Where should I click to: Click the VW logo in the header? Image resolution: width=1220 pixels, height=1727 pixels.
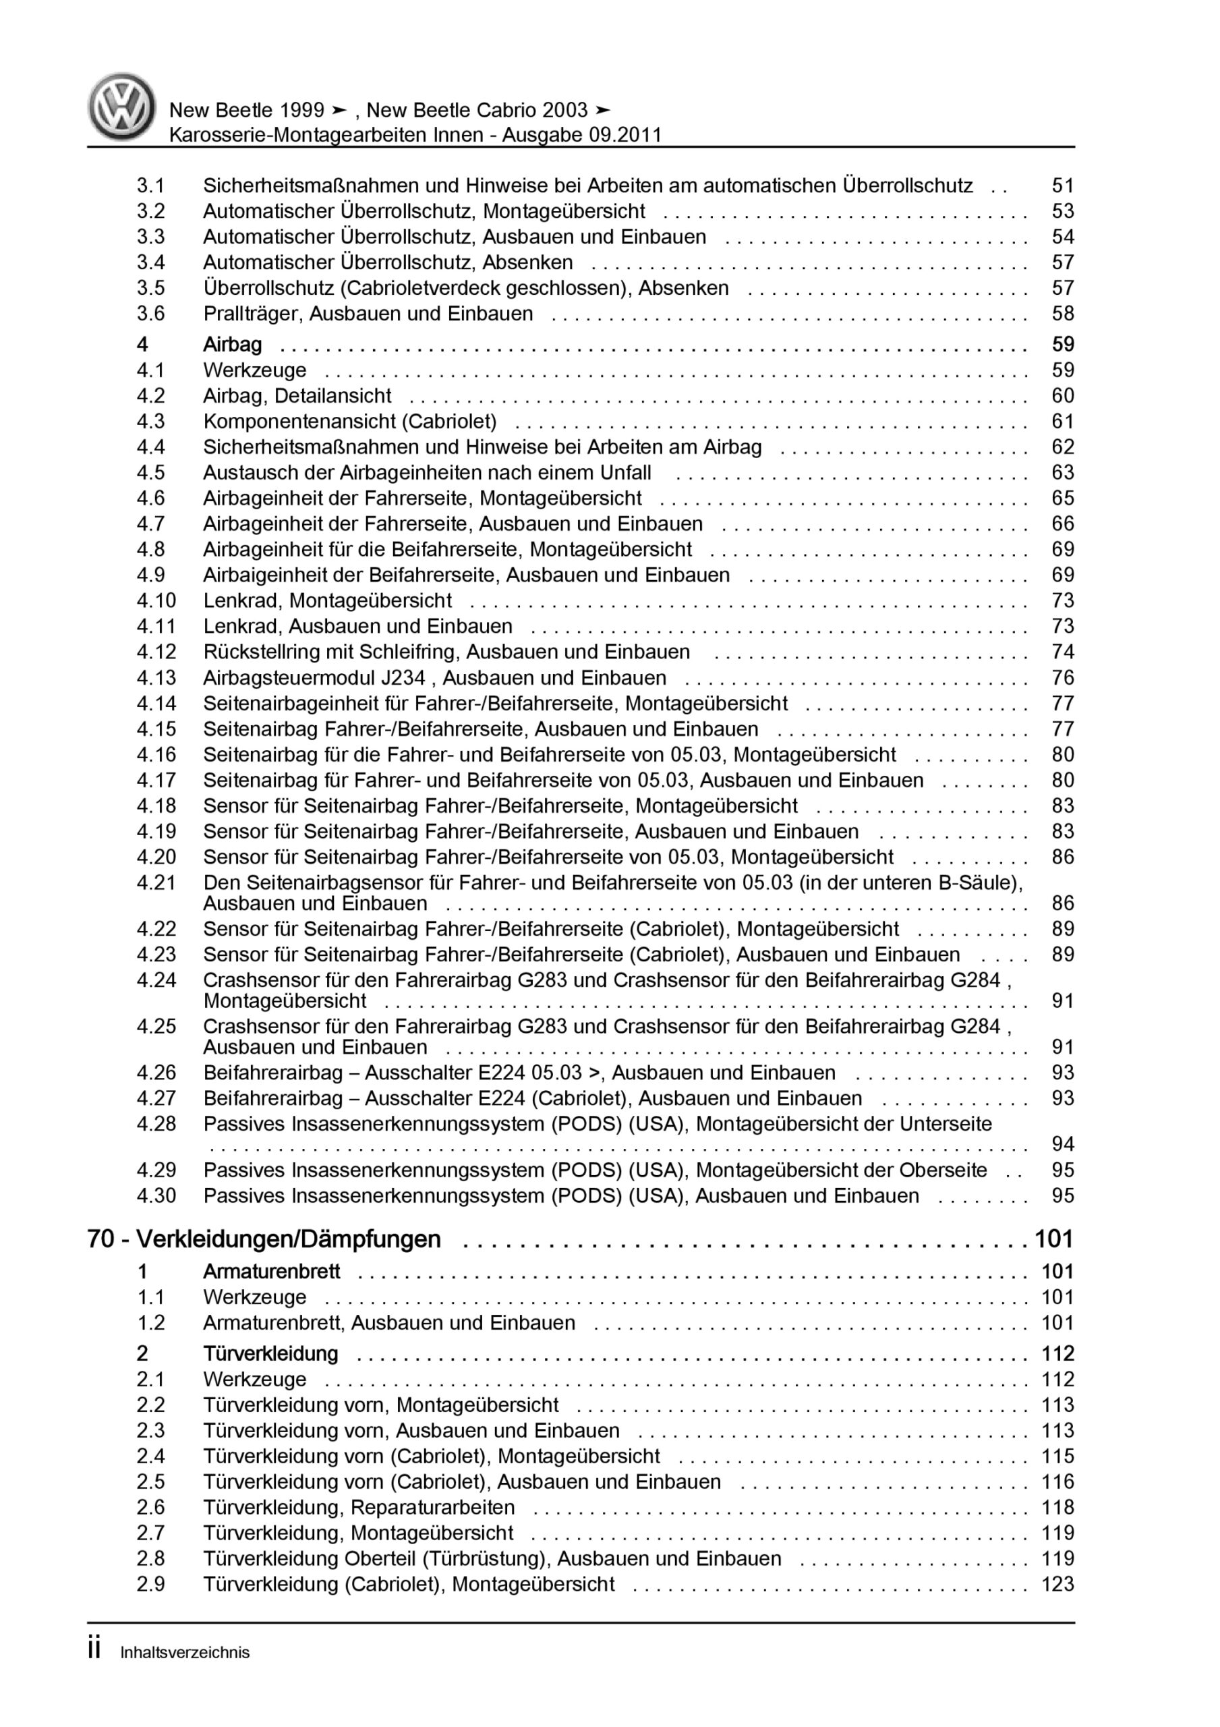[122, 107]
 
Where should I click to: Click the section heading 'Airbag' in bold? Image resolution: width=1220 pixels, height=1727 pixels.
[233, 345]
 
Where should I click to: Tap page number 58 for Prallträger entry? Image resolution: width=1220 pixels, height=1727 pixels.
[1062, 314]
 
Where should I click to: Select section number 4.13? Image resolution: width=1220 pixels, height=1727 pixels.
[156, 678]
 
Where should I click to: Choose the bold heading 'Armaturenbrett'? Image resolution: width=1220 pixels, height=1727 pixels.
[272, 1271]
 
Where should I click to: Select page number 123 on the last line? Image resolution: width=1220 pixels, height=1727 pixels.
[1057, 1584]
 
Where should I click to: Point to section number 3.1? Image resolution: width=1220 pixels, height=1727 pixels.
[150, 186]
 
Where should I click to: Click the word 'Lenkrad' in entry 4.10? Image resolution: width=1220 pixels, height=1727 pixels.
[243, 600]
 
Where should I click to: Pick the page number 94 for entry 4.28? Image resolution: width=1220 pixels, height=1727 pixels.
[1062, 1144]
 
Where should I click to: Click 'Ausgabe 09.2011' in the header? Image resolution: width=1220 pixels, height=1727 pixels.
[582, 136]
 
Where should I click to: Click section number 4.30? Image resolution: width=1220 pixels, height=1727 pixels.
[156, 1195]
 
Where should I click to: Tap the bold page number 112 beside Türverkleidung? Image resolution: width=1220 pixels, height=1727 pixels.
[1057, 1353]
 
